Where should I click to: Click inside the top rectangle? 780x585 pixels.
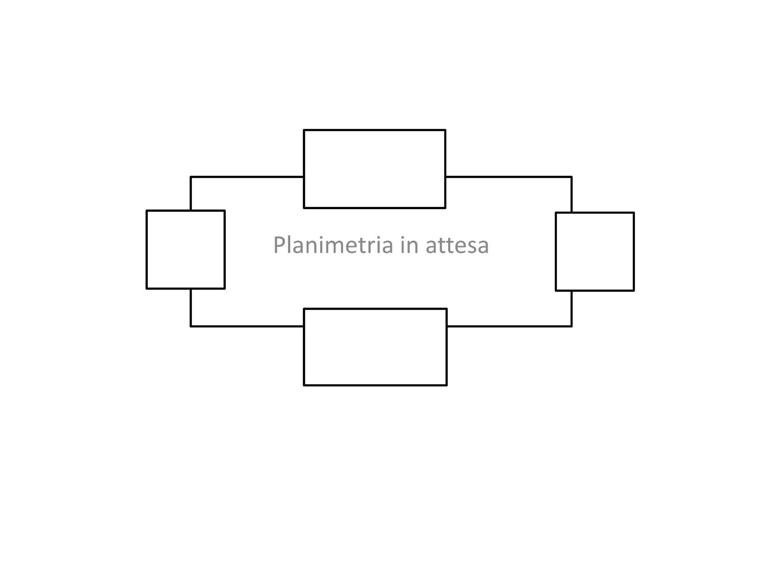click(374, 169)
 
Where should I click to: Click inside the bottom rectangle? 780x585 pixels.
click(375, 347)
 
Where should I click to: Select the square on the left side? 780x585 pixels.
click(185, 249)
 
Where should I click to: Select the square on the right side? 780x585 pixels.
click(595, 252)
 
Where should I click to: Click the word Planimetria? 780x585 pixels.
click(333, 245)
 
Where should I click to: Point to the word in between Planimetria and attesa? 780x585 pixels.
click(409, 245)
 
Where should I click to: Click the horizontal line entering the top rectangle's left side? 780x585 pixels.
click(247, 177)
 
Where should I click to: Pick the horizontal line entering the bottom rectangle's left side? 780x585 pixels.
click(247, 326)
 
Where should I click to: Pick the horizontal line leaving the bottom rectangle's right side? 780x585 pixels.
click(510, 326)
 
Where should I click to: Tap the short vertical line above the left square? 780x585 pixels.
click(191, 193)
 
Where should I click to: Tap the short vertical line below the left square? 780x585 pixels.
click(191, 308)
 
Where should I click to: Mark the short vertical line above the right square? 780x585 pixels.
click(572, 194)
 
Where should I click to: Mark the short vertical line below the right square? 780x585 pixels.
click(572, 308)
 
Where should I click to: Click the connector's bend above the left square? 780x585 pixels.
click(191, 177)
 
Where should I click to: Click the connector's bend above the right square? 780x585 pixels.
click(572, 177)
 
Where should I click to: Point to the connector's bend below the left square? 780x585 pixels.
click(191, 326)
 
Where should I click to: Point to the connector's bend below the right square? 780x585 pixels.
click(572, 326)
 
